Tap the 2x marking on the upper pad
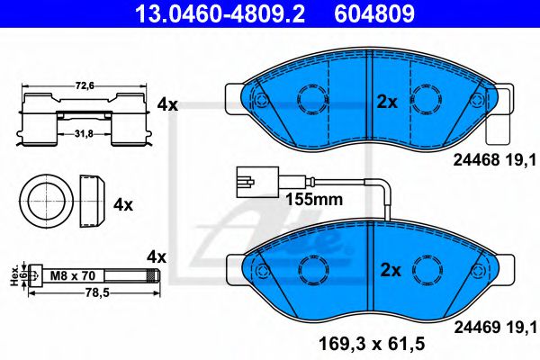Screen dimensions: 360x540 pos(387,103)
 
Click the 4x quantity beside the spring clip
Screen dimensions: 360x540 pos(167,104)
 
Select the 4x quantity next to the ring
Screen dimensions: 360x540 pos(123,204)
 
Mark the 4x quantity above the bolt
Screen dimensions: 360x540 pos(157,256)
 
